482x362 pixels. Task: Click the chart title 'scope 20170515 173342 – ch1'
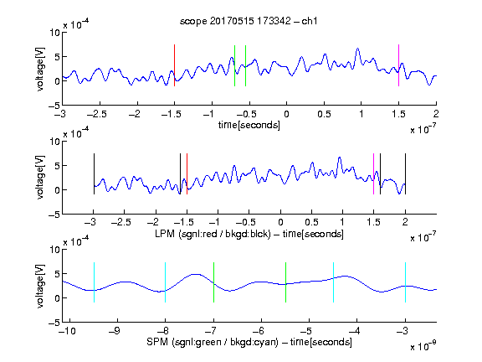(249, 21)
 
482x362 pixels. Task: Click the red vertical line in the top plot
(174, 65)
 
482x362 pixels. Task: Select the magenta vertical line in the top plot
(398, 65)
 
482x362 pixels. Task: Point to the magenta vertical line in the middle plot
(373, 174)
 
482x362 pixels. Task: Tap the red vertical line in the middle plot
(187, 174)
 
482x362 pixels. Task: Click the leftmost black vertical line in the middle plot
(94, 174)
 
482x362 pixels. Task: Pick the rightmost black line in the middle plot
(406, 174)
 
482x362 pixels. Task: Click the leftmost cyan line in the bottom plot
(94, 282)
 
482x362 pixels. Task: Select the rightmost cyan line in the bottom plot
(406, 282)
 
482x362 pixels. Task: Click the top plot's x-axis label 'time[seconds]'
(249, 125)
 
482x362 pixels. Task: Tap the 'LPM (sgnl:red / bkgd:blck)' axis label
(213, 234)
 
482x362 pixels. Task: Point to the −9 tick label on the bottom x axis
(115, 331)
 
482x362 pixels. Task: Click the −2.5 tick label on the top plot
(96, 115)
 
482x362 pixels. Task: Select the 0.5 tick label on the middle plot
(312, 222)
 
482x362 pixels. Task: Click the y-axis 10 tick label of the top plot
(55, 33)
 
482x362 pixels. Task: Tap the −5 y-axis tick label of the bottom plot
(54, 323)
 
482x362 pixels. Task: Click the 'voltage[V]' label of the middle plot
(40, 178)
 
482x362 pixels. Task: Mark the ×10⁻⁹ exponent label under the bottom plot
(423, 346)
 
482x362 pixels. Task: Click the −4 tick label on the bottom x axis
(354, 331)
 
